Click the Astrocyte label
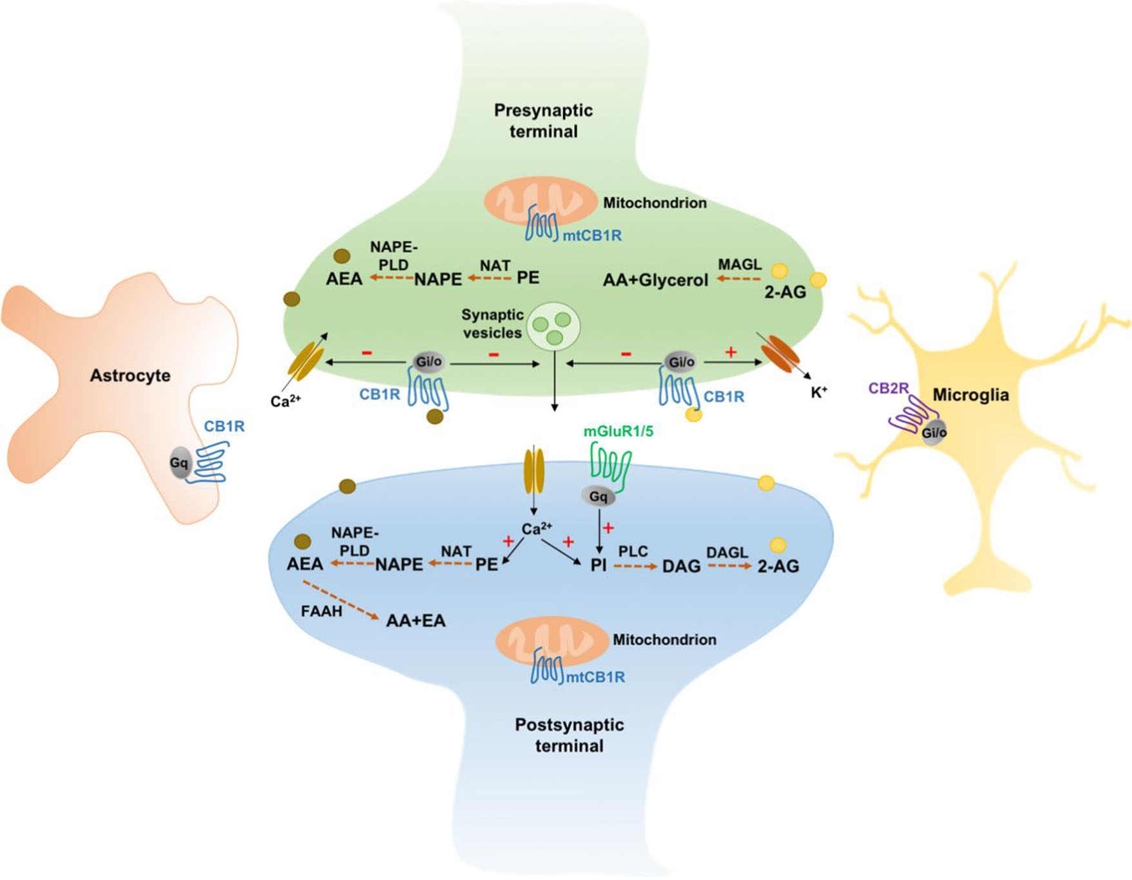tap(130, 375)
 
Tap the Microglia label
tap(970, 395)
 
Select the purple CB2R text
tap(888, 388)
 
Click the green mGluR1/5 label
tap(618, 432)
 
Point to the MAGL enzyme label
tap(740, 265)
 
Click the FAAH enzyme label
tap(321, 610)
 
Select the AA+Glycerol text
tap(655, 280)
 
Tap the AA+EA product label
tap(415, 621)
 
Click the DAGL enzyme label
tap(727, 552)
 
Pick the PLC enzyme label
tap(633, 552)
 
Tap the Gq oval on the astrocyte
tap(179, 463)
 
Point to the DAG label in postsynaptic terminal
tap(681, 566)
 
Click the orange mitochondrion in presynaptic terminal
tap(541, 200)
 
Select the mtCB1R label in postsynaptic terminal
tap(595, 677)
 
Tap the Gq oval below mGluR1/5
tap(598, 497)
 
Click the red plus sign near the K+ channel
tap(731, 352)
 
